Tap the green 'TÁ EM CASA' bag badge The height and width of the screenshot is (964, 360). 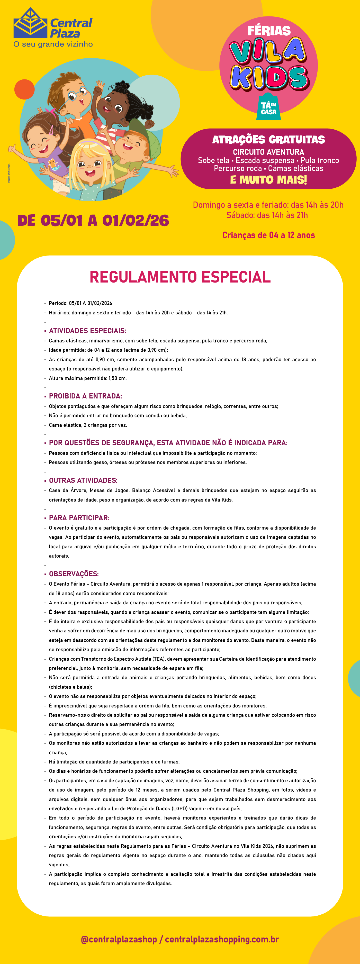[x=268, y=107]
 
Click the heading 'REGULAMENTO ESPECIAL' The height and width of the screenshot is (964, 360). [x=180, y=277]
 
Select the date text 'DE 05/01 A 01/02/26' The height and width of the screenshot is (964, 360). [x=93, y=220]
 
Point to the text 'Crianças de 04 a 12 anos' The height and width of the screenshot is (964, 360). [x=268, y=235]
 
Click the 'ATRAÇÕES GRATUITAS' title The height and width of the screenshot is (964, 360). [x=268, y=140]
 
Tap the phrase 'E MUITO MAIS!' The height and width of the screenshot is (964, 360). [x=268, y=180]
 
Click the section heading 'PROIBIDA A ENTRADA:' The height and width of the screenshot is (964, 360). [x=85, y=396]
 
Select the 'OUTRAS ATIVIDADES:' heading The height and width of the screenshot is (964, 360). [x=83, y=480]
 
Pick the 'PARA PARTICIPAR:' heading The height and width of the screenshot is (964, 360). [x=79, y=518]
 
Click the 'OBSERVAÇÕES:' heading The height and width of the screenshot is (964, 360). [x=74, y=574]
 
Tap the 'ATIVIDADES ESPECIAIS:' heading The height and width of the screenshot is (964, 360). [x=87, y=331]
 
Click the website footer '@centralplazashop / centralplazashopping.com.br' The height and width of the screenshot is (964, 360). [x=180, y=939]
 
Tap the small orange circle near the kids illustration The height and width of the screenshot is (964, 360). [x=25, y=89]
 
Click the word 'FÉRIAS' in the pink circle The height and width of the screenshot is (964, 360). [x=269, y=31]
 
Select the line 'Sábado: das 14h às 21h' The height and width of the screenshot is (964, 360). [x=267, y=215]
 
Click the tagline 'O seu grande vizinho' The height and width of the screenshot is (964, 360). [x=53, y=44]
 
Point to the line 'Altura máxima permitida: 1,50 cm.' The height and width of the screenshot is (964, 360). [x=88, y=378]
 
